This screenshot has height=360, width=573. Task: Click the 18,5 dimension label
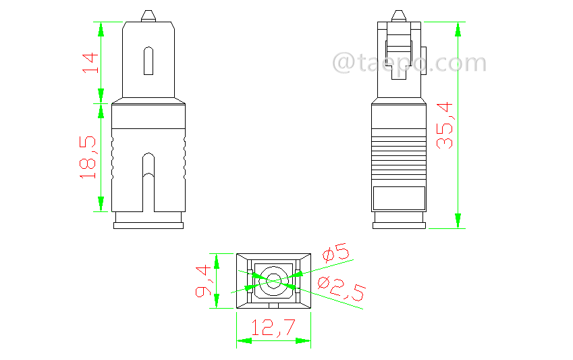coord(88,157)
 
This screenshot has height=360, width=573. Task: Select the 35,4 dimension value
coord(444,125)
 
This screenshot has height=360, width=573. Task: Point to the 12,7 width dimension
coord(273,328)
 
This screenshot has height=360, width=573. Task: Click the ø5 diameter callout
coord(335,255)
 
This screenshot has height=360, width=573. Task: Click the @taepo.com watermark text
coord(409,63)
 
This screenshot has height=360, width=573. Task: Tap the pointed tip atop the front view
coord(148,15)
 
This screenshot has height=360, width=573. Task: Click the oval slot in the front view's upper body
coord(148,61)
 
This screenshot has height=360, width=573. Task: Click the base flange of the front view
coord(148,225)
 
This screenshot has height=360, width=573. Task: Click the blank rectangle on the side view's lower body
coord(400,197)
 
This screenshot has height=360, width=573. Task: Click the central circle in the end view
coord(273,281)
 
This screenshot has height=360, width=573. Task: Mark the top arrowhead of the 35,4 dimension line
coord(458,28)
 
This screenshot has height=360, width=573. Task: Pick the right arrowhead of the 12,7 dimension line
coord(304,340)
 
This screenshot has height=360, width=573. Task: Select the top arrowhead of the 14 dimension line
coord(101,28)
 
